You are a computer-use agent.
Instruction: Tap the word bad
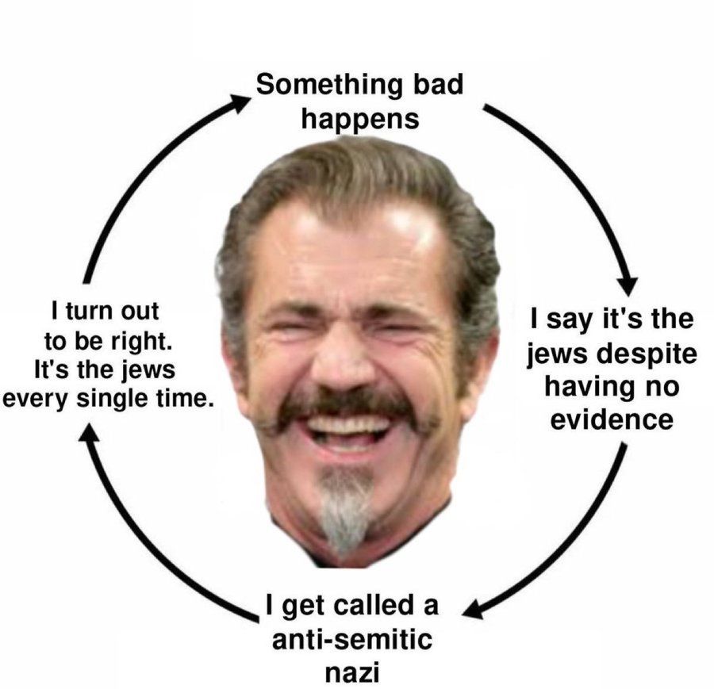pos(438,84)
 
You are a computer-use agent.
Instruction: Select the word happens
pos(359,120)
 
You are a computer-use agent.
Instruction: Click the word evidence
pos(612,419)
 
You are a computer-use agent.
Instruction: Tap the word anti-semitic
pos(352,639)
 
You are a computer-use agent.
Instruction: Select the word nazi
pos(352,672)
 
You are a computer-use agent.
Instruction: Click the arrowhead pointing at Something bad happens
pos(239,102)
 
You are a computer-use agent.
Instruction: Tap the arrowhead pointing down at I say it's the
pos(629,285)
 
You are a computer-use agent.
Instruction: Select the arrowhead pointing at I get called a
pos(472,609)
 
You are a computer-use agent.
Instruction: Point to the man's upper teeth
pos(348,426)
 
